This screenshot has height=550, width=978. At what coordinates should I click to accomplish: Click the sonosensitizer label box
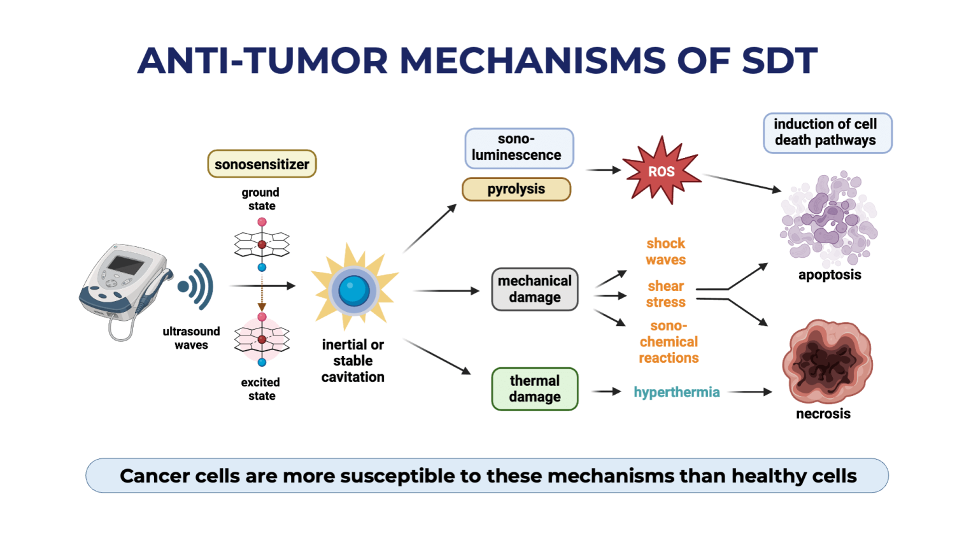pyautogui.click(x=262, y=164)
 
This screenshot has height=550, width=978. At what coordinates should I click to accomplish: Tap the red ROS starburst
pyautogui.click(x=662, y=171)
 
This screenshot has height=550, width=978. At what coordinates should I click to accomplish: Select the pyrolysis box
pyautogui.click(x=516, y=189)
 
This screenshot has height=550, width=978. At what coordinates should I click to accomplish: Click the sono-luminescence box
pyautogui.click(x=519, y=148)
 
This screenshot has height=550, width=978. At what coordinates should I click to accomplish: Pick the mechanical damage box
pyautogui.click(x=534, y=289)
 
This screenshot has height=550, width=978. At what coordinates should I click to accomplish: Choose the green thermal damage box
pyautogui.click(x=534, y=389)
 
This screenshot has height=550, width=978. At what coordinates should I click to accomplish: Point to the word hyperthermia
pyautogui.click(x=676, y=392)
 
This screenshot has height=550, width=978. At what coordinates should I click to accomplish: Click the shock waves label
pyautogui.click(x=665, y=251)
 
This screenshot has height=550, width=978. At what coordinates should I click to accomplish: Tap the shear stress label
pyautogui.click(x=665, y=294)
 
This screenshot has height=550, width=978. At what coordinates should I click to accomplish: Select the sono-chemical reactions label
pyautogui.click(x=669, y=342)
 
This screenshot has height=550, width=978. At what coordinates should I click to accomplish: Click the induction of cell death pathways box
pyautogui.click(x=827, y=132)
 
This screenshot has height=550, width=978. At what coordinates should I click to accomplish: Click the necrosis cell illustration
pyautogui.click(x=826, y=361)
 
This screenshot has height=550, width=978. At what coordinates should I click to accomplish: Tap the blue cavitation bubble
pyautogui.click(x=353, y=290)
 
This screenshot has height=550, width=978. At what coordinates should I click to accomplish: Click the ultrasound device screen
pyautogui.click(x=125, y=264)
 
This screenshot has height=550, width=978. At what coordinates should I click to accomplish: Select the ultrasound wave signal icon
pyautogui.click(x=197, y=286)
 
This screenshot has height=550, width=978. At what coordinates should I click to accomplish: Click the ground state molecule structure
pyautogui.click(x=262, y=244)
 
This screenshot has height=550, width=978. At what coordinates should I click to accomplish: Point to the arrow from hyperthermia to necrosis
pyautogui.click(x=749, y=392)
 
